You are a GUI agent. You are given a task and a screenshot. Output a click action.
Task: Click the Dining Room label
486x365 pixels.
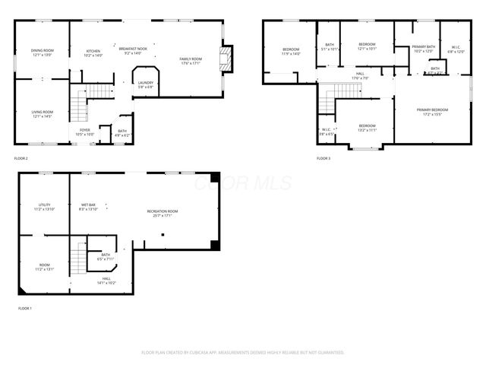click(42, 52)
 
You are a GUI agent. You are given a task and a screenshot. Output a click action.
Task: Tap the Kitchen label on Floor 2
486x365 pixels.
click(93, 52)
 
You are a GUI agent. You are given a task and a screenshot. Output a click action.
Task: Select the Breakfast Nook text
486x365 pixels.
click(133, 51)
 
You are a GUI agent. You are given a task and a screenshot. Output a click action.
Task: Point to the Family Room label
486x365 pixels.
click(191, 61)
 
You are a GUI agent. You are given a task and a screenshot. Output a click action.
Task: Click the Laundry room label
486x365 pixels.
click(146, 84)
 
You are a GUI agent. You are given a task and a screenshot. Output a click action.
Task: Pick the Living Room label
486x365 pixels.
click(42, 114)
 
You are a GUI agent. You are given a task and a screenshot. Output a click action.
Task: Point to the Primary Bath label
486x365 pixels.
click(423, 49)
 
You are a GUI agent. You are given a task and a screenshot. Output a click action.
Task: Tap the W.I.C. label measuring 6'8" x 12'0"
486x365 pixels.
click(456, 49)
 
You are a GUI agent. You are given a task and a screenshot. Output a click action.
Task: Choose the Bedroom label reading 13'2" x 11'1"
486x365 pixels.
click(367, 128)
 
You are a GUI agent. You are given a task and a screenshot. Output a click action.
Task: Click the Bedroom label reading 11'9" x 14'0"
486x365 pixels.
click(291, 52)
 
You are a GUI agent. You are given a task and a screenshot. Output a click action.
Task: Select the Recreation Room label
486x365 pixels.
click(163, 213)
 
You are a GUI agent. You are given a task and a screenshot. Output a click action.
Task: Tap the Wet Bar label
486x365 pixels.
click(88, 206)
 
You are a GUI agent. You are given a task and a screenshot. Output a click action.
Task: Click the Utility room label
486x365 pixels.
click(44, 206)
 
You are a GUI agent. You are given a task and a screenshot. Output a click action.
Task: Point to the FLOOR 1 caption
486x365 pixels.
click(25, 309)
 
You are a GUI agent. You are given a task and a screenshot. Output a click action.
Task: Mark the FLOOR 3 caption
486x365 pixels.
click(324, 158)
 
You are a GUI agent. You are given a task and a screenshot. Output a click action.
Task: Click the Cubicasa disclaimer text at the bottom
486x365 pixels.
click(243, 352)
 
